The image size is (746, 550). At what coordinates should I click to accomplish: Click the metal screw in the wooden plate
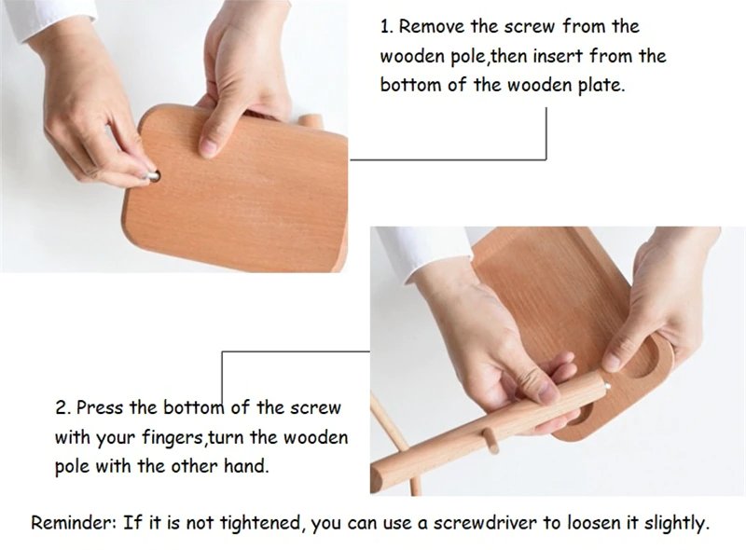(x=154, y=175)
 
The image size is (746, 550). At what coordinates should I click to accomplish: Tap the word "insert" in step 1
(x=559, y=56)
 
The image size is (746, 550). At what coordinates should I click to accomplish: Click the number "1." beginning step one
(x=387, y=27)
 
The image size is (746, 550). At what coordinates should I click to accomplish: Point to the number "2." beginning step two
(x=62, y=408)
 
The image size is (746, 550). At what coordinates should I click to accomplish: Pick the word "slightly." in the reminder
(x=677, y=523)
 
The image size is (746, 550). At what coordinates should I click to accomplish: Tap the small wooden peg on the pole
(x=491, y=440)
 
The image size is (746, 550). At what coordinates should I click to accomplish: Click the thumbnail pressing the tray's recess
(x=613, y=363)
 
